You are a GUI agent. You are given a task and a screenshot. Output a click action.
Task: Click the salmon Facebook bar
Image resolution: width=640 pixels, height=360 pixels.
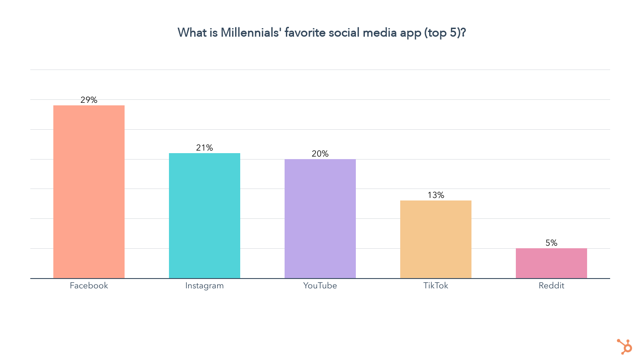click(89, 192)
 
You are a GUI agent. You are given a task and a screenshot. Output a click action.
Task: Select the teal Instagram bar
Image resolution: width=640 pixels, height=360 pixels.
click(204, 216)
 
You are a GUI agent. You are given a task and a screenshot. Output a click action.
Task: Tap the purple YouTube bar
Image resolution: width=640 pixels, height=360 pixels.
click(320, 219)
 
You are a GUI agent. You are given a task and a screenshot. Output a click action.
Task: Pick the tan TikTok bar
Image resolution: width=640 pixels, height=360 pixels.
click(436, 239)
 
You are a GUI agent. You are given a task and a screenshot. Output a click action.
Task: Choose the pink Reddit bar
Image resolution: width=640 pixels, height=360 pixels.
click(551, 263)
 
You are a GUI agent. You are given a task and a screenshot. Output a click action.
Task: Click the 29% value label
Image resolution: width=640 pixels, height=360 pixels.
click(89, 100)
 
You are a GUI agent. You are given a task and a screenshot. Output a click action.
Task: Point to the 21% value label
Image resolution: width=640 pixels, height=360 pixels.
click(204, 148)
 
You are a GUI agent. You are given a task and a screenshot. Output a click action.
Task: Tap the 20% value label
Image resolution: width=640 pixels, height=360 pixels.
click(320, 154)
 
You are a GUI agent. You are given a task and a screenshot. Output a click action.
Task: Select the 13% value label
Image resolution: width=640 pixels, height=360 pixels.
click(436, 195)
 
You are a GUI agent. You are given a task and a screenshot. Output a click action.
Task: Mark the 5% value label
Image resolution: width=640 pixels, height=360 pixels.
click(551, 243)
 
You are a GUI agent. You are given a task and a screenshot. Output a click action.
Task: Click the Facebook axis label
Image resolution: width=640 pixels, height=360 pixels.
click(89, 286)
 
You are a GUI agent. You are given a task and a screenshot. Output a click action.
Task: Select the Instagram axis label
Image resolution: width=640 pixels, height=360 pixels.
click(204, 286)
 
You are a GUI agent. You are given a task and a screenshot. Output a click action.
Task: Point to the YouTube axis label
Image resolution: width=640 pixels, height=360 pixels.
click(320, 286)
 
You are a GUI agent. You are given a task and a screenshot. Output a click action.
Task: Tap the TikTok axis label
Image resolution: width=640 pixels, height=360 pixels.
click(436, 286)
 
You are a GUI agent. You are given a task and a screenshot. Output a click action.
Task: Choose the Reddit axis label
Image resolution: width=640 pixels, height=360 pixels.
click(551, 286)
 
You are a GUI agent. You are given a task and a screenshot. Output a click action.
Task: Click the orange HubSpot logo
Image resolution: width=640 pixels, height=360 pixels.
click(625, 346)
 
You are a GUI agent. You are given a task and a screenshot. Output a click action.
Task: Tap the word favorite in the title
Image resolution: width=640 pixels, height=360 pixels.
click(305, 33)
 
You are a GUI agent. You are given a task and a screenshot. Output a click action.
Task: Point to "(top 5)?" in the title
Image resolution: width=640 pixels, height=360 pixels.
click(445, 33)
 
